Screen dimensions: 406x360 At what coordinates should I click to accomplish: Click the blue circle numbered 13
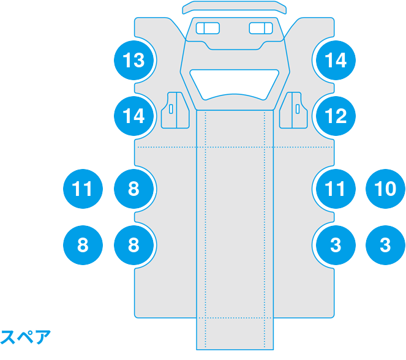click(x=134, y=60)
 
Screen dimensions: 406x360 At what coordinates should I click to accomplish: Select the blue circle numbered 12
click(x=336, y=116)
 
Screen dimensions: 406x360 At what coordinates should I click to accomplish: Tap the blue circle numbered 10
click(x=385, y=189)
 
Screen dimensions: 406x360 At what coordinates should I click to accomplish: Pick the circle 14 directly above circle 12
click(x=336, y=60)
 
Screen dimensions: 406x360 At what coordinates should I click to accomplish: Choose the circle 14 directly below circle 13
click(x=134, y=116)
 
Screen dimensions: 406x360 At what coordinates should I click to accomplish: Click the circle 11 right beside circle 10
click(x=336, y=189)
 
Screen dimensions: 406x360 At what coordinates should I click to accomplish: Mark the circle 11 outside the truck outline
click(x=83, y=189)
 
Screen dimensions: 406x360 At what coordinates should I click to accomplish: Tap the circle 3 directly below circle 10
click(x=385, y=245)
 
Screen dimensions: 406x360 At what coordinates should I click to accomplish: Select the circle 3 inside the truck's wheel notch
click(x=336, y=245)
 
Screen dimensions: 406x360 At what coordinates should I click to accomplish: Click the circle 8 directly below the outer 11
click(x=83, y=245)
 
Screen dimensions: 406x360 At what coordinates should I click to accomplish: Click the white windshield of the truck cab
click(x=235, y=84)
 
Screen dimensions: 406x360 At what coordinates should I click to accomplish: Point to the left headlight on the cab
click(x=208, y=28)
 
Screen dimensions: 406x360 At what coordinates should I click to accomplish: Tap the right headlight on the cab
click(x=261, y=28)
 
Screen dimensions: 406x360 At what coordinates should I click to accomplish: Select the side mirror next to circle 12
click(x=293, y=110)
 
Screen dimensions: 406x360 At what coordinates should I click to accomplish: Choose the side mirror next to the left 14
click(x=175, y=110)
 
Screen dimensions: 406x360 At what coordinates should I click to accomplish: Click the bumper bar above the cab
click(x=235, y=7)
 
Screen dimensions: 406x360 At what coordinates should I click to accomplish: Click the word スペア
click(x=25, y=337)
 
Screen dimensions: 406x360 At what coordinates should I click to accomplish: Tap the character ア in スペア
click(x=43, y=337)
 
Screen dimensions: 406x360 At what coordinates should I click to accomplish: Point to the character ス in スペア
click(x=8, y=337)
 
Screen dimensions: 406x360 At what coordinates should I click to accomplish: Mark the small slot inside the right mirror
click(x=298, y=109)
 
